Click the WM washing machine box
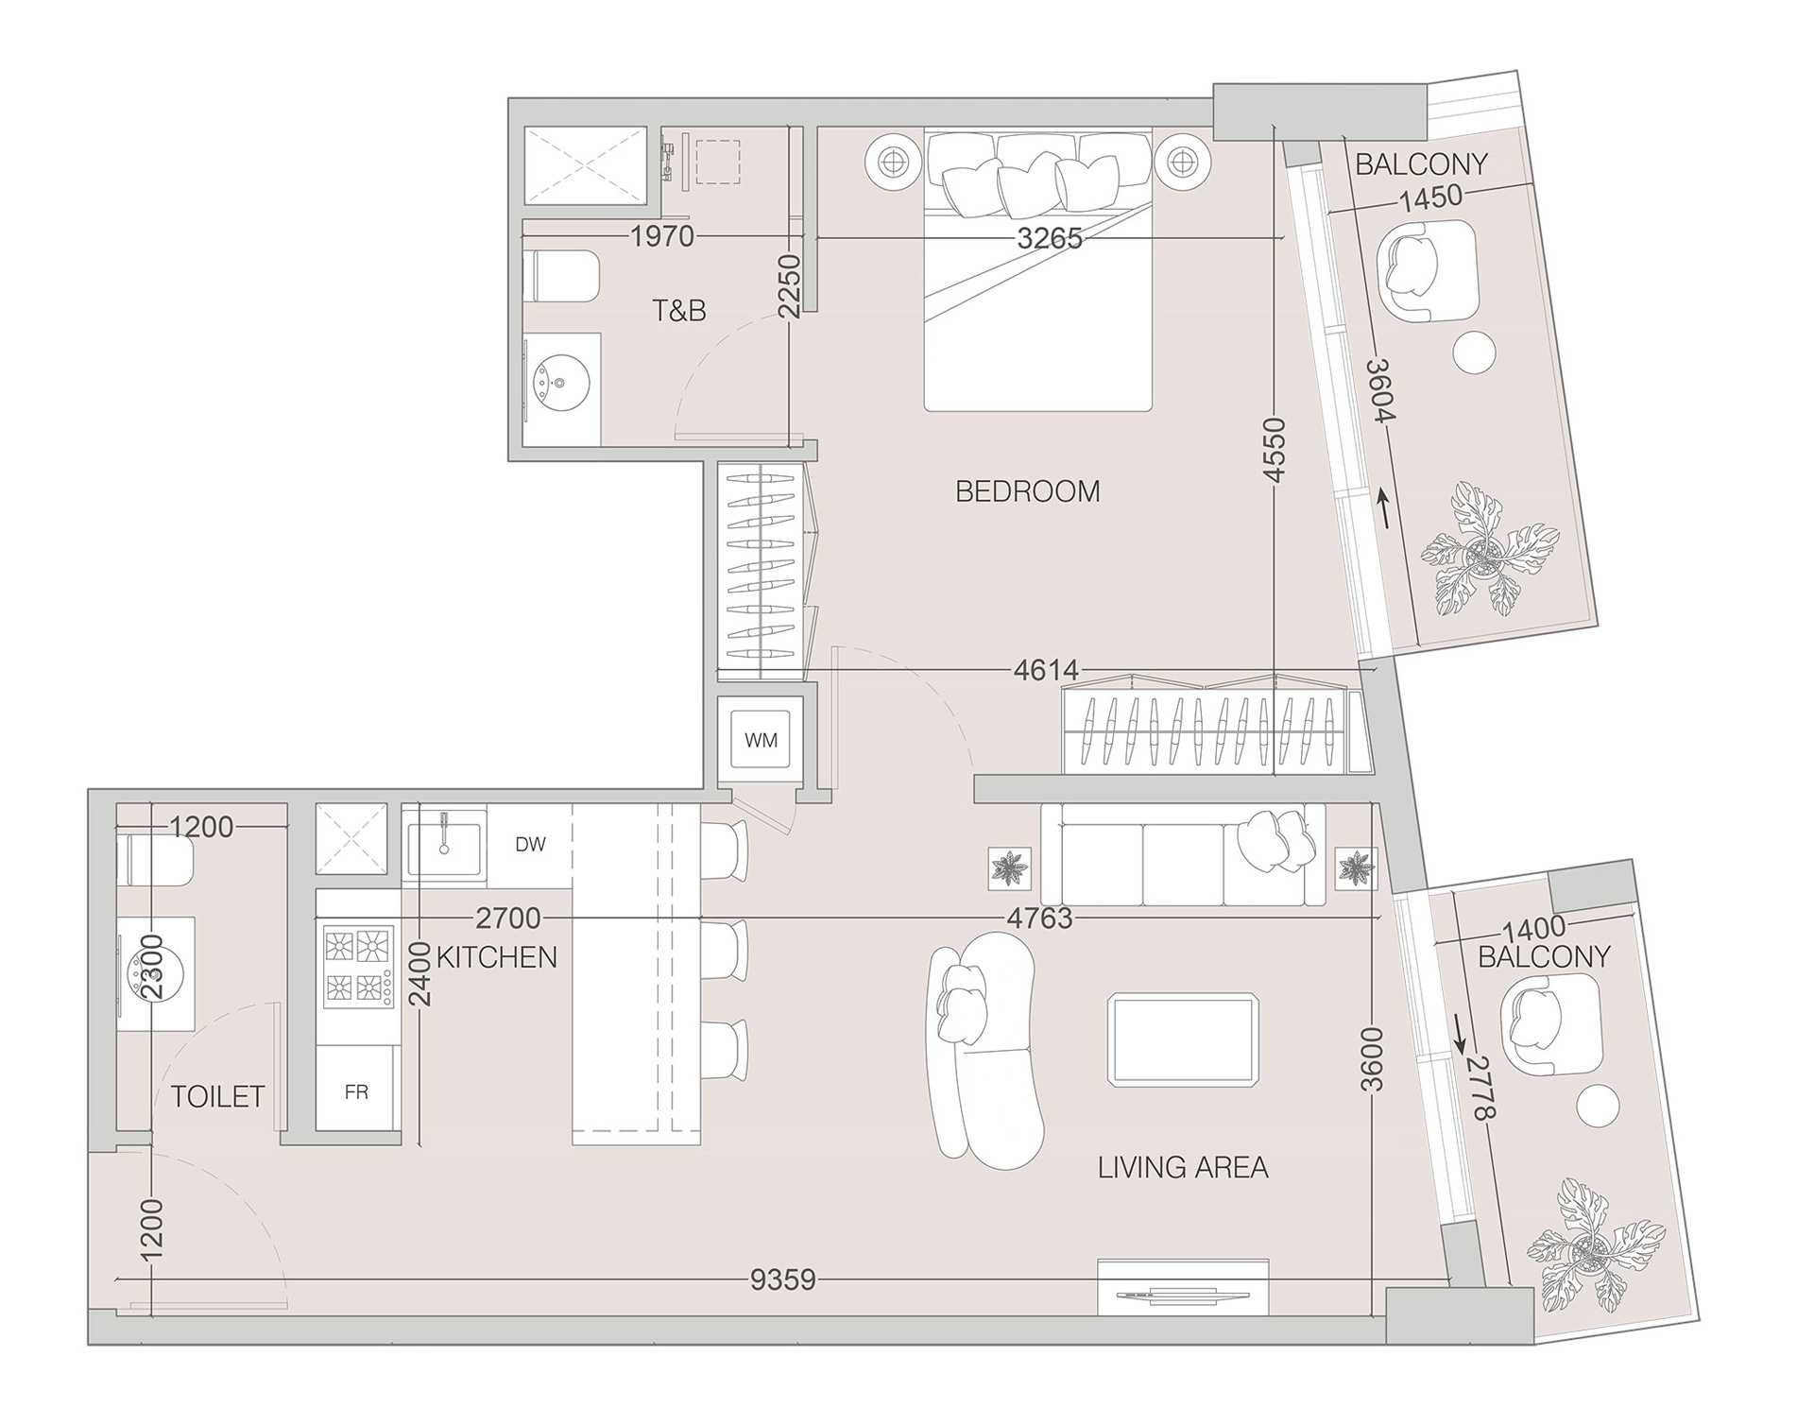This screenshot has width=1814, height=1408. click(761, 739)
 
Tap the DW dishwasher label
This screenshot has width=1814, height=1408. click(531, 844)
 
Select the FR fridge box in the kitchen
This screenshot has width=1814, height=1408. click(356, 1091)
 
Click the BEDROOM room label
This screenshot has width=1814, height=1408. click(1028, 491)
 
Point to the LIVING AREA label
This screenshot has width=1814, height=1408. click(1183, 1168)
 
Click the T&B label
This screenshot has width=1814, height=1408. click(678, 310)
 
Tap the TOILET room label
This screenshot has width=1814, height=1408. click(217, 1096)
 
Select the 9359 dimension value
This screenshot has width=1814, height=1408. click(782, 1279)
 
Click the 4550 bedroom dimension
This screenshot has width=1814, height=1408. click(1275, 451)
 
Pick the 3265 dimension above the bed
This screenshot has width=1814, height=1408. click(1050, 237)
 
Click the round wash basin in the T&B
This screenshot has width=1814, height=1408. click(561, 383)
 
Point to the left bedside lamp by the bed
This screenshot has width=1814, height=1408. click(892, 163)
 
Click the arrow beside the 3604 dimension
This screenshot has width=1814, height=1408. click(1384, 508)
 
